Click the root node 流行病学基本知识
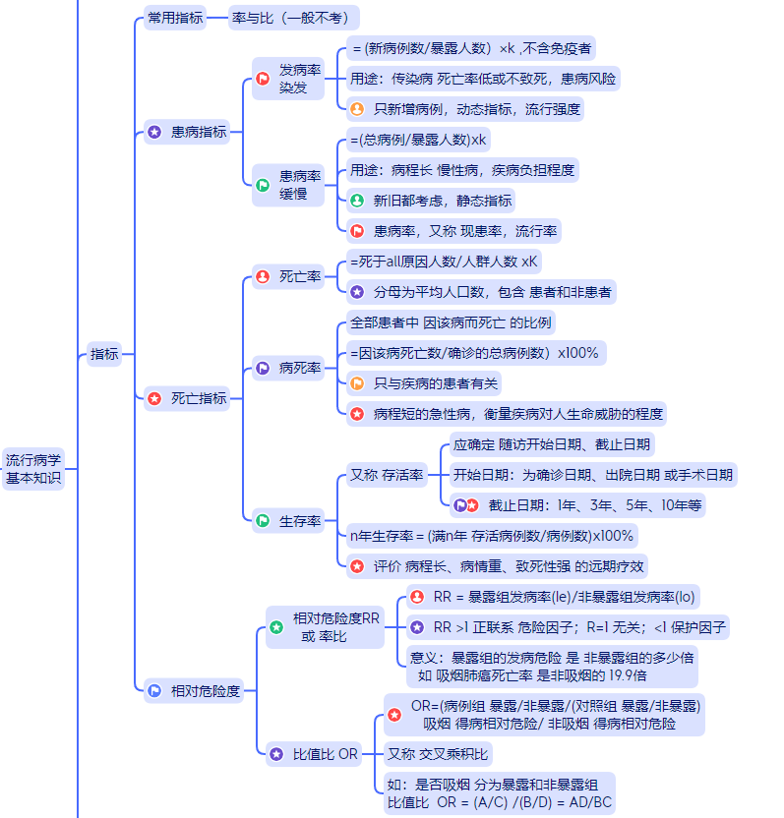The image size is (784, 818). (x=33, y=469)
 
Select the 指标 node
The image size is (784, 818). (x=104, y=355)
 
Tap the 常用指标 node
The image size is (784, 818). (x=176, y=18)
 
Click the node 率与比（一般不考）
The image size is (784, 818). (x=294, y=18)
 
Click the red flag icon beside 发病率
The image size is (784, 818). (x=263, y=80)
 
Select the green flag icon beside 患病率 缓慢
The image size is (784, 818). (x=263, y=185)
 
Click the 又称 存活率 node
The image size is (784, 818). (x=388, y=476)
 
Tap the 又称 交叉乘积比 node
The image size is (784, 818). (x=437, y=755)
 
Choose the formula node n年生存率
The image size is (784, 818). (x=493, y=536)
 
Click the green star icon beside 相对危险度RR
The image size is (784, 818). (x=276, y=627)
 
